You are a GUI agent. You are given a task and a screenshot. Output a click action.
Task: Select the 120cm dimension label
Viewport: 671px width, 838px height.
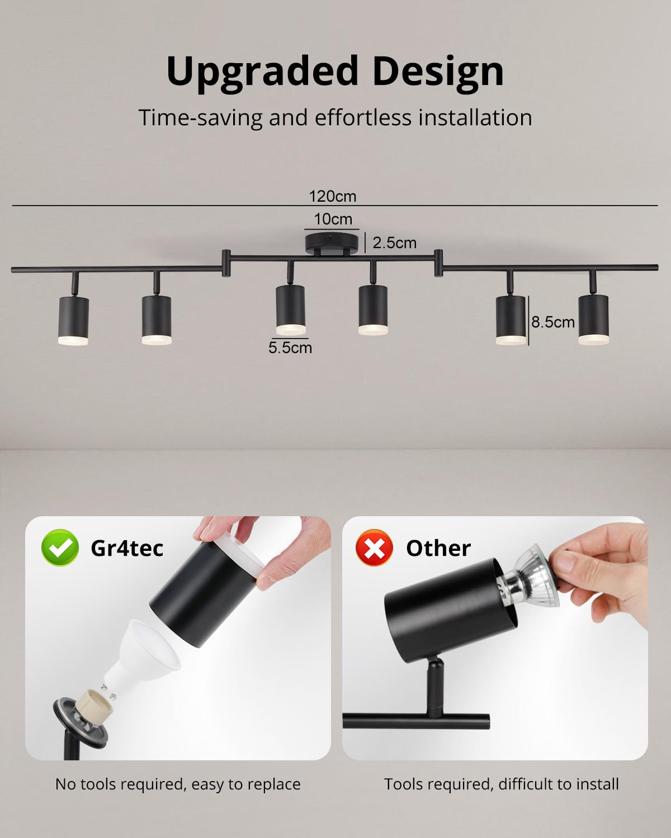click(x=333, y=196)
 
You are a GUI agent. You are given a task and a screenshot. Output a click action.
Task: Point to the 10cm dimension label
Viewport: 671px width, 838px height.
click(x=333, y=219)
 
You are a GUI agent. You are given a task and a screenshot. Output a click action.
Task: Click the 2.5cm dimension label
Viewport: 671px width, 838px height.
click(x=395, y=243)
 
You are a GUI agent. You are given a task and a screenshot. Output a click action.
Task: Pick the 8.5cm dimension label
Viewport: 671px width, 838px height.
click(x=553, y=322)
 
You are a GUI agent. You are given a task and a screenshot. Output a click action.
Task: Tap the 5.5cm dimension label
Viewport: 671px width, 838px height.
click(x=290, y=347)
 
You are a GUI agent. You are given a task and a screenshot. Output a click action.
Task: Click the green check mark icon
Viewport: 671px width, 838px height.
click(x=60, y=547)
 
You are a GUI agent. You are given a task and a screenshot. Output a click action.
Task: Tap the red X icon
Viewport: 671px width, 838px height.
click(x=374, y=547)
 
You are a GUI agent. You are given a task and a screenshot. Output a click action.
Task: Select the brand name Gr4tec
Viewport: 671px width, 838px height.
click(x=127, y=548)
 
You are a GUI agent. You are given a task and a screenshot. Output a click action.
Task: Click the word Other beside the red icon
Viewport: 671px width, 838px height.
click(x=438, y=548)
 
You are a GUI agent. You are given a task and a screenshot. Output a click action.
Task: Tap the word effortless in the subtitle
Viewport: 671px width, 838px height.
click(x=362, y=118)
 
